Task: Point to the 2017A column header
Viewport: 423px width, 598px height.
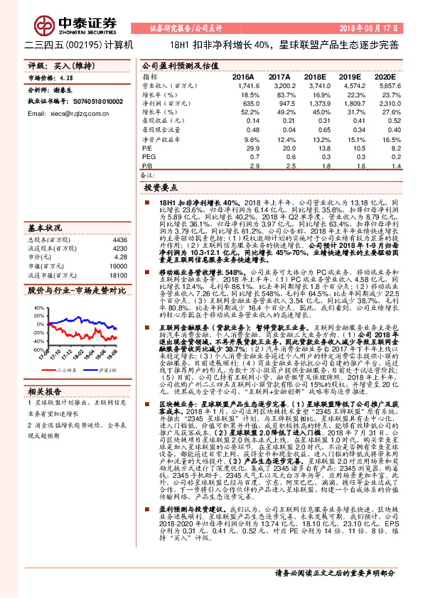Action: [x=279, y=76]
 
